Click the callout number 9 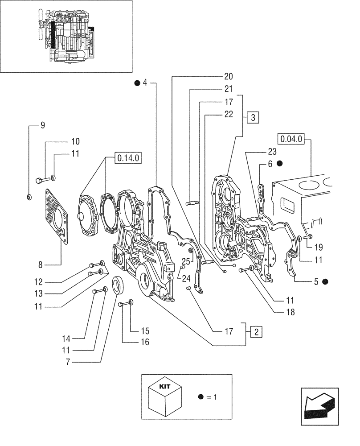[x=43, y=125]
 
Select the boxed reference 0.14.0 [x=128, y=157]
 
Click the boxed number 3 [x=253, y=118]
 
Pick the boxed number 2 [x=256, y=331]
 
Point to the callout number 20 [x=229, y=76]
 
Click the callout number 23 [x=272, y=151]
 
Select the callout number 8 [x=40, y=264]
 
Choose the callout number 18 [x=290, y=313]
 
